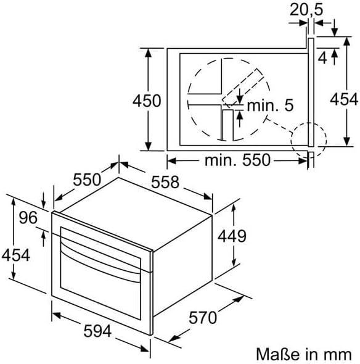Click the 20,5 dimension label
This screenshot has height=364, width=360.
point(306,10)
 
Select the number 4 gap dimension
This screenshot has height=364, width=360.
point(322,58)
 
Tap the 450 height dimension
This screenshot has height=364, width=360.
point(147,101)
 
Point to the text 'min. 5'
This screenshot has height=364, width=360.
point(271,105)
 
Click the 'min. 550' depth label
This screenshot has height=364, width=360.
point(237,160)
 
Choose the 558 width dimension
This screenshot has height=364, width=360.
point(165,182)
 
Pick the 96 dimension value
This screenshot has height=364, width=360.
point(28,218)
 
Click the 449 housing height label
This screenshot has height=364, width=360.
point(232,236)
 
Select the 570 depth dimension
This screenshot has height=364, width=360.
point(203,318)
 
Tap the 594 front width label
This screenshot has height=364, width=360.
point(97,331)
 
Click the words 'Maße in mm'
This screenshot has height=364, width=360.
point(304,355)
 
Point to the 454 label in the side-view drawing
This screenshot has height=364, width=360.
point(344,99)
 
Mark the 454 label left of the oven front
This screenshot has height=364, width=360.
point(16,255)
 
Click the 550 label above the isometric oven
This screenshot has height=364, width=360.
point(87,180)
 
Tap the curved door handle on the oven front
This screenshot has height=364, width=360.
point(100,257)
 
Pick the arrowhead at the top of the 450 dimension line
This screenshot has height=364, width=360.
point(149,53)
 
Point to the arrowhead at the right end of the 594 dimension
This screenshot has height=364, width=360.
point(144,348)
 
